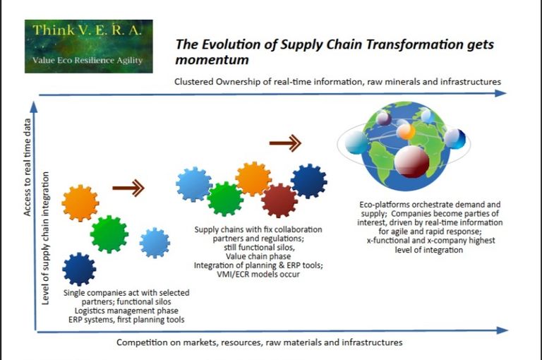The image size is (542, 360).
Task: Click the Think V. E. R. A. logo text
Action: point(87,30)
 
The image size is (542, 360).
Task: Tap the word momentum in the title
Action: point(212,60)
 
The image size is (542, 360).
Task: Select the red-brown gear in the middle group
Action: point(279,200)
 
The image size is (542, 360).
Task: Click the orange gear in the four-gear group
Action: point(80,203)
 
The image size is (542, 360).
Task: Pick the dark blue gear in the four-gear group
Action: point(79,270)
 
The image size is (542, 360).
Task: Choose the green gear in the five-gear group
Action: point(225,199)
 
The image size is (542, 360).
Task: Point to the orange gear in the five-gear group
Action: point(253,179)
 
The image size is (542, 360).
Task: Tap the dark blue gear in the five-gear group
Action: point(308,181)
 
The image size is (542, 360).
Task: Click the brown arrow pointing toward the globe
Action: point(285,143)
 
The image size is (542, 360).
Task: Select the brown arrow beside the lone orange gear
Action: point(128,188)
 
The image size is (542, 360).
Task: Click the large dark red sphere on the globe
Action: point(411,162)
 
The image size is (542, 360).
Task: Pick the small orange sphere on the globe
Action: point(406,131)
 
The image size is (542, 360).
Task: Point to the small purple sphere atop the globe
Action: point(383,119)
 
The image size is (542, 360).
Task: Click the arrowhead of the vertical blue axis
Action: point(34,107)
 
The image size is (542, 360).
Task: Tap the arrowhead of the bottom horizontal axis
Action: point(502,330)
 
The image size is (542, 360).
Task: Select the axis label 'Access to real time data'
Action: point(27,167)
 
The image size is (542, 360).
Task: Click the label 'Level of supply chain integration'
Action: point(45,239)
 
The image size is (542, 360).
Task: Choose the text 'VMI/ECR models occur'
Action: point(258,275)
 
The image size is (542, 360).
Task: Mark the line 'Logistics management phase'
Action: point(126,311)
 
